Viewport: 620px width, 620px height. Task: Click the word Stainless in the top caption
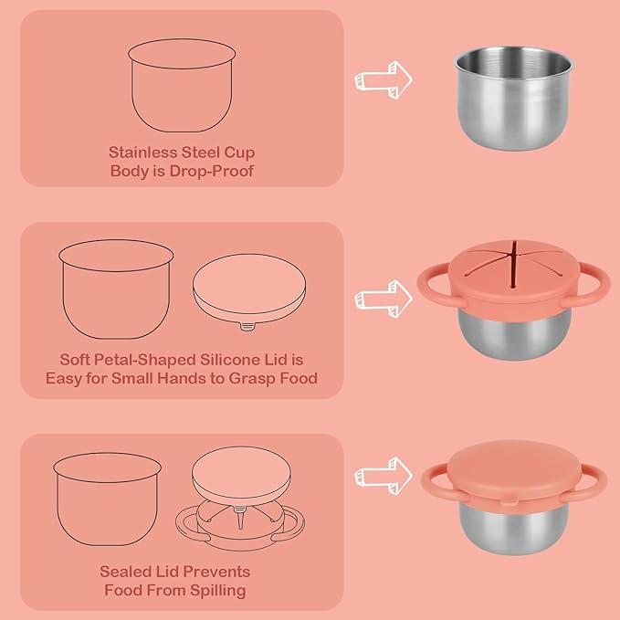coord(142,152)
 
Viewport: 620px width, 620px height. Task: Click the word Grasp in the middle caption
coord(251,379)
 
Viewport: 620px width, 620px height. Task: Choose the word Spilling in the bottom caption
coord(218,591)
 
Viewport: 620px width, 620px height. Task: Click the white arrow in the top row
coord(384,79)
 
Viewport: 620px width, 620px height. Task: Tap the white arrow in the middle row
coord(384,299)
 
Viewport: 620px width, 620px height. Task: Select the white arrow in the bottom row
coord(384,476)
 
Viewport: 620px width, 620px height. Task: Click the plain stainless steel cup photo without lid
coord(514,98)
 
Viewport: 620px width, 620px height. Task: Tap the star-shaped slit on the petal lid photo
coord(513,263)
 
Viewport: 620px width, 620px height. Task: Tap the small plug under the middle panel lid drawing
coord(247,327)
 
